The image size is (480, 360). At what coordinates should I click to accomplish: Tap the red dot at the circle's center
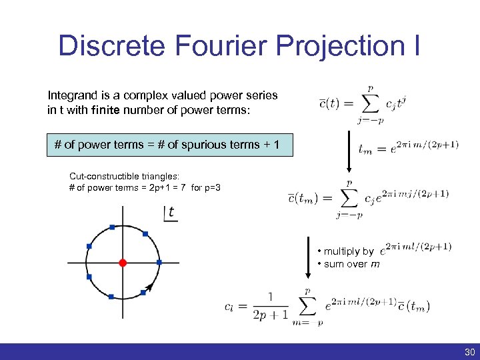(x=123, y=263)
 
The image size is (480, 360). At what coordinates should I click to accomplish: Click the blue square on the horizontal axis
(x=159, y=262)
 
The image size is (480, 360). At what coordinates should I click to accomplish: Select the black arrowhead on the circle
(x=151, y=287)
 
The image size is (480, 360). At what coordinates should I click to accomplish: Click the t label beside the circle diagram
(x=171, y=213)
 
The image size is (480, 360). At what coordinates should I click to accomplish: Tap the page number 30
(x=469, y=352)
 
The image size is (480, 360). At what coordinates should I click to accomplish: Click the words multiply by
(x=349, y=251)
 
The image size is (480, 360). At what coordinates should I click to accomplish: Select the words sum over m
(x=352, y=264)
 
